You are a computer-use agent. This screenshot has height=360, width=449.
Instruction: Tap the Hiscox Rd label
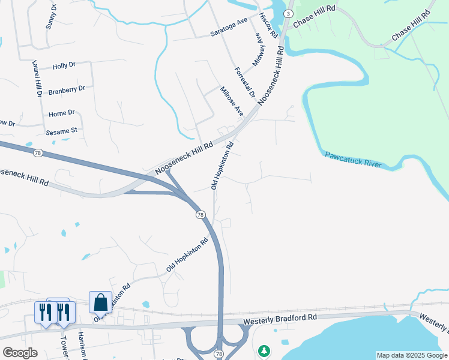[268, 25]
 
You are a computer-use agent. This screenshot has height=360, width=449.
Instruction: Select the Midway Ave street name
[258, 49]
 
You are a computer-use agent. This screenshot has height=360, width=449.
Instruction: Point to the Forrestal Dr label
[245, 83]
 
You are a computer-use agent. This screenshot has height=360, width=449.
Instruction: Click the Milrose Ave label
[231, 103]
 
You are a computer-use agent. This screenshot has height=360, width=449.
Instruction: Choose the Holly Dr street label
[64, 67]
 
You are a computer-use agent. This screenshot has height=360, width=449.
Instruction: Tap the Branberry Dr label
[67, 89]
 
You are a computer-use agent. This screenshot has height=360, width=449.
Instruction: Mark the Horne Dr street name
[61, 113]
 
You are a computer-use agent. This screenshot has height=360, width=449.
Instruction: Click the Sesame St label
[62, 130]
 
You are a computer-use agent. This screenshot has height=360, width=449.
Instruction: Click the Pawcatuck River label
[353, 160]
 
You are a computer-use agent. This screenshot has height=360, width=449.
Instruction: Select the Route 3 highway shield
[289, 13]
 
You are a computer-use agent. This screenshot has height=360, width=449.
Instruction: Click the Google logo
[20, 353]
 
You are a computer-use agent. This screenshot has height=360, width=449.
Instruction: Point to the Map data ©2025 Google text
[412, 355]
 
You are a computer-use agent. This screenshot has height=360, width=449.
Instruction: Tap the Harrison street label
[82, 347]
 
